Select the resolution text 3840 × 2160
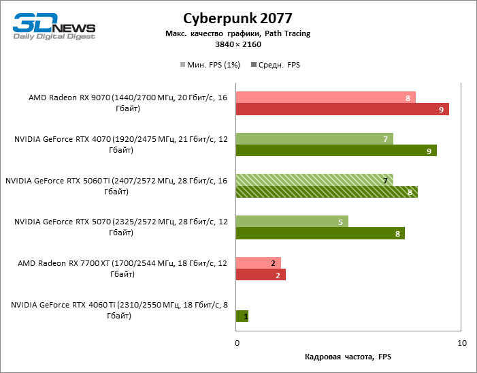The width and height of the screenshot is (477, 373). click(x=237, y=44)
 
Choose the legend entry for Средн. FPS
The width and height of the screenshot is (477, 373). click(x=276, y=65)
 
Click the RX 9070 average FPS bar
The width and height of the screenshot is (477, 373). click(x=342, y=109)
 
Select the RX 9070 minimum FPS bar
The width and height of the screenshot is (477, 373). click(x=325, y=98)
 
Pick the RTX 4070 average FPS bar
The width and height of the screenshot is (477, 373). click(x=336, y=151)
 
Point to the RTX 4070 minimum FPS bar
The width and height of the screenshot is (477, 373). click(x=314, y=139)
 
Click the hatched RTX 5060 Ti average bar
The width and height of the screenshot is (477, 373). click(x=327, y=192)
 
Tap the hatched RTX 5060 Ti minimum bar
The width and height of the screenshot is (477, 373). click(x=314, y=181)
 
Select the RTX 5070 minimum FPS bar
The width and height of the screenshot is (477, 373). click(x=292, y=222)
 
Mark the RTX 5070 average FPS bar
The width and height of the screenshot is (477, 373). click(x=320, y=233)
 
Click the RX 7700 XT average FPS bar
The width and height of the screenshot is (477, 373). click(x=261, y=275)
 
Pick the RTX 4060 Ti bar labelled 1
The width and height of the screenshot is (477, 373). click(x=242, y=316)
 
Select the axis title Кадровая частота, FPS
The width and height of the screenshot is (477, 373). click(x=348, y=357)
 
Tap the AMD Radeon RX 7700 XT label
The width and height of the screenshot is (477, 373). click(x=123, y=268)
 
